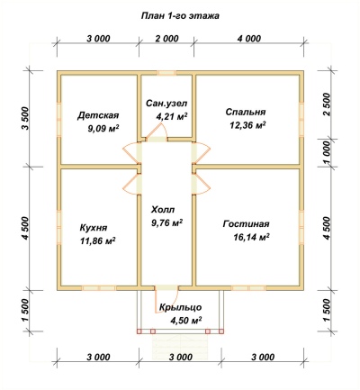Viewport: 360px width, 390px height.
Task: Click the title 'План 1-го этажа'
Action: tap(180, 16)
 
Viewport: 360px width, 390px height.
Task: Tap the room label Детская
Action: tap(99, 115)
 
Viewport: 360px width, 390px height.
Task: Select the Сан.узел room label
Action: tap(166, 104)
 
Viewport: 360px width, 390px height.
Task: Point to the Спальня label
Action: tap(246, 112)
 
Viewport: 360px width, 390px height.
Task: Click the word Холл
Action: tap(163, 209)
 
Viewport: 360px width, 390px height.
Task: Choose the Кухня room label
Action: tap(94, 228)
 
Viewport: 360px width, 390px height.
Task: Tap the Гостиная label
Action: tap(246, 224)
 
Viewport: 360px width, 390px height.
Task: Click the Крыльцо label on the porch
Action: tap(181, 308)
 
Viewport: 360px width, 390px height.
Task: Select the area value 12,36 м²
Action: tap(247, 125)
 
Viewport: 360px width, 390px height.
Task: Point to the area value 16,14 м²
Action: tap(251, 238)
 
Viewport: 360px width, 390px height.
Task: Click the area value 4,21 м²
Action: tap(172, 116)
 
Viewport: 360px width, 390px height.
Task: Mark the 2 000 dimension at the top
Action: tap(166, 39)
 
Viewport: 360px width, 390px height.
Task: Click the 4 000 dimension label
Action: tap(248, 39)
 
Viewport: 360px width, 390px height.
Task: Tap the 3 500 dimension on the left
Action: tap(25, 118)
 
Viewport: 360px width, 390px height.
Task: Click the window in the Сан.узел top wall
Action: tap(166, 72)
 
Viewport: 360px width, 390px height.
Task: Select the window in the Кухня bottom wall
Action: tap(99, 288)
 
